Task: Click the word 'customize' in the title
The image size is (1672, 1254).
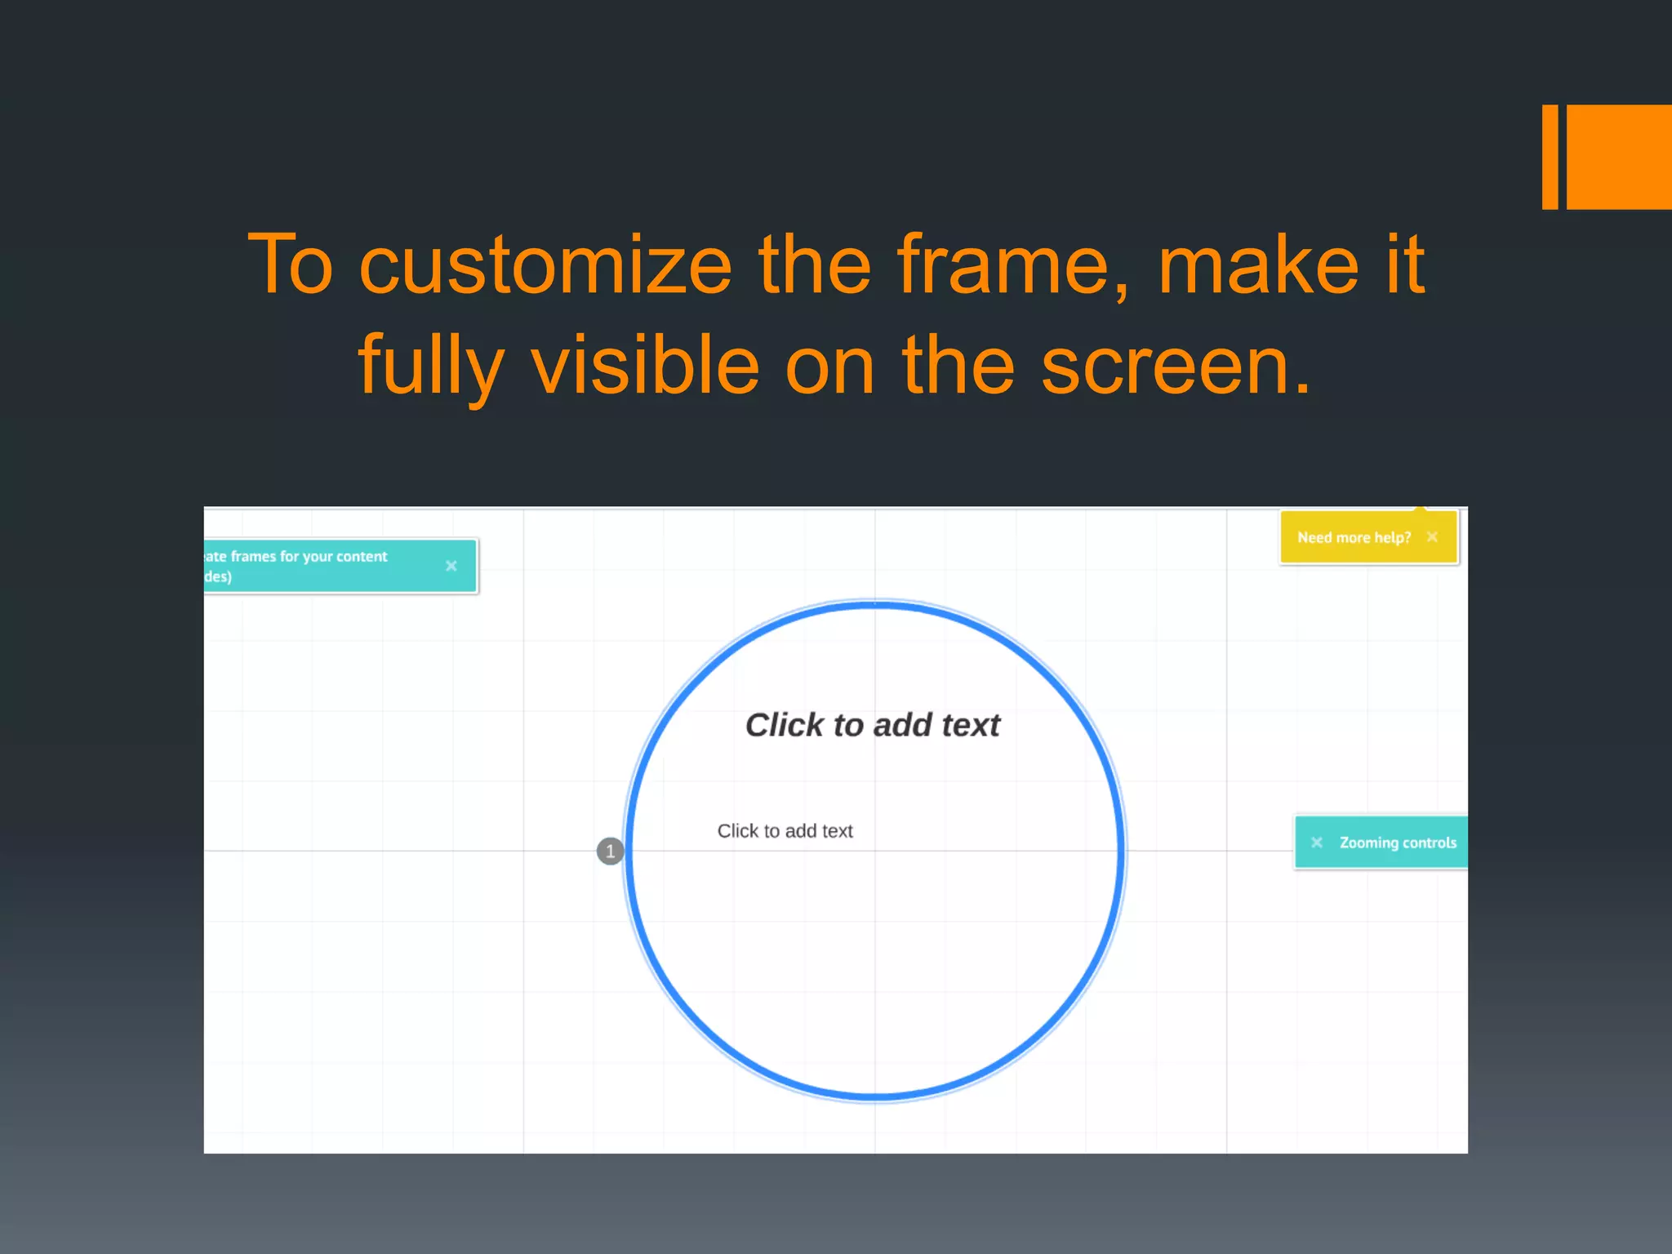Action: (x=545, y=265)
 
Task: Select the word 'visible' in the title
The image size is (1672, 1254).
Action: (x=646, y=365)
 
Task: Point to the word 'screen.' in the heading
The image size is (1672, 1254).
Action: (x=1176, y=365)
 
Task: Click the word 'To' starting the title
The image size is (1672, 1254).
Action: (x=291, y=265)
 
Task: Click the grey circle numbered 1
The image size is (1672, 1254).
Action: (x=610, y=851)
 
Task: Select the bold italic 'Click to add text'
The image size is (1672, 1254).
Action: (x=872, y=725)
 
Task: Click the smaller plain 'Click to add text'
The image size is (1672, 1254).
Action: (x=785, y=831)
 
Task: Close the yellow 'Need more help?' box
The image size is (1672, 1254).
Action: (x=1432, y=536)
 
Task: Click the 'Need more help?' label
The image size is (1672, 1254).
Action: (x=1354, y=537)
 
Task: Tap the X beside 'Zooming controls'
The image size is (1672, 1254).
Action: (x=1316, y=843)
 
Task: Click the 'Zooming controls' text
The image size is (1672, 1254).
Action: (x=1398, y=843)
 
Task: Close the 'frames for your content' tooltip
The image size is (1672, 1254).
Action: (x=451, y=566)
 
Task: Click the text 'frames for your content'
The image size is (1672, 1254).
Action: (x=309, y=557)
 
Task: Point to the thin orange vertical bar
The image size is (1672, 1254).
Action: (x=1550, y=157)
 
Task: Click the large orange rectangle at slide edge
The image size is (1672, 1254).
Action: (x=1619, y=157)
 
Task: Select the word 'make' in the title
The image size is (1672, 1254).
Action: (x=1258, y=265)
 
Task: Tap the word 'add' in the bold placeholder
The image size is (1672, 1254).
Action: (x=903, y=725)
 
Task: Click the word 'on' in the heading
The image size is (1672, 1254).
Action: (x=830, y=365)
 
